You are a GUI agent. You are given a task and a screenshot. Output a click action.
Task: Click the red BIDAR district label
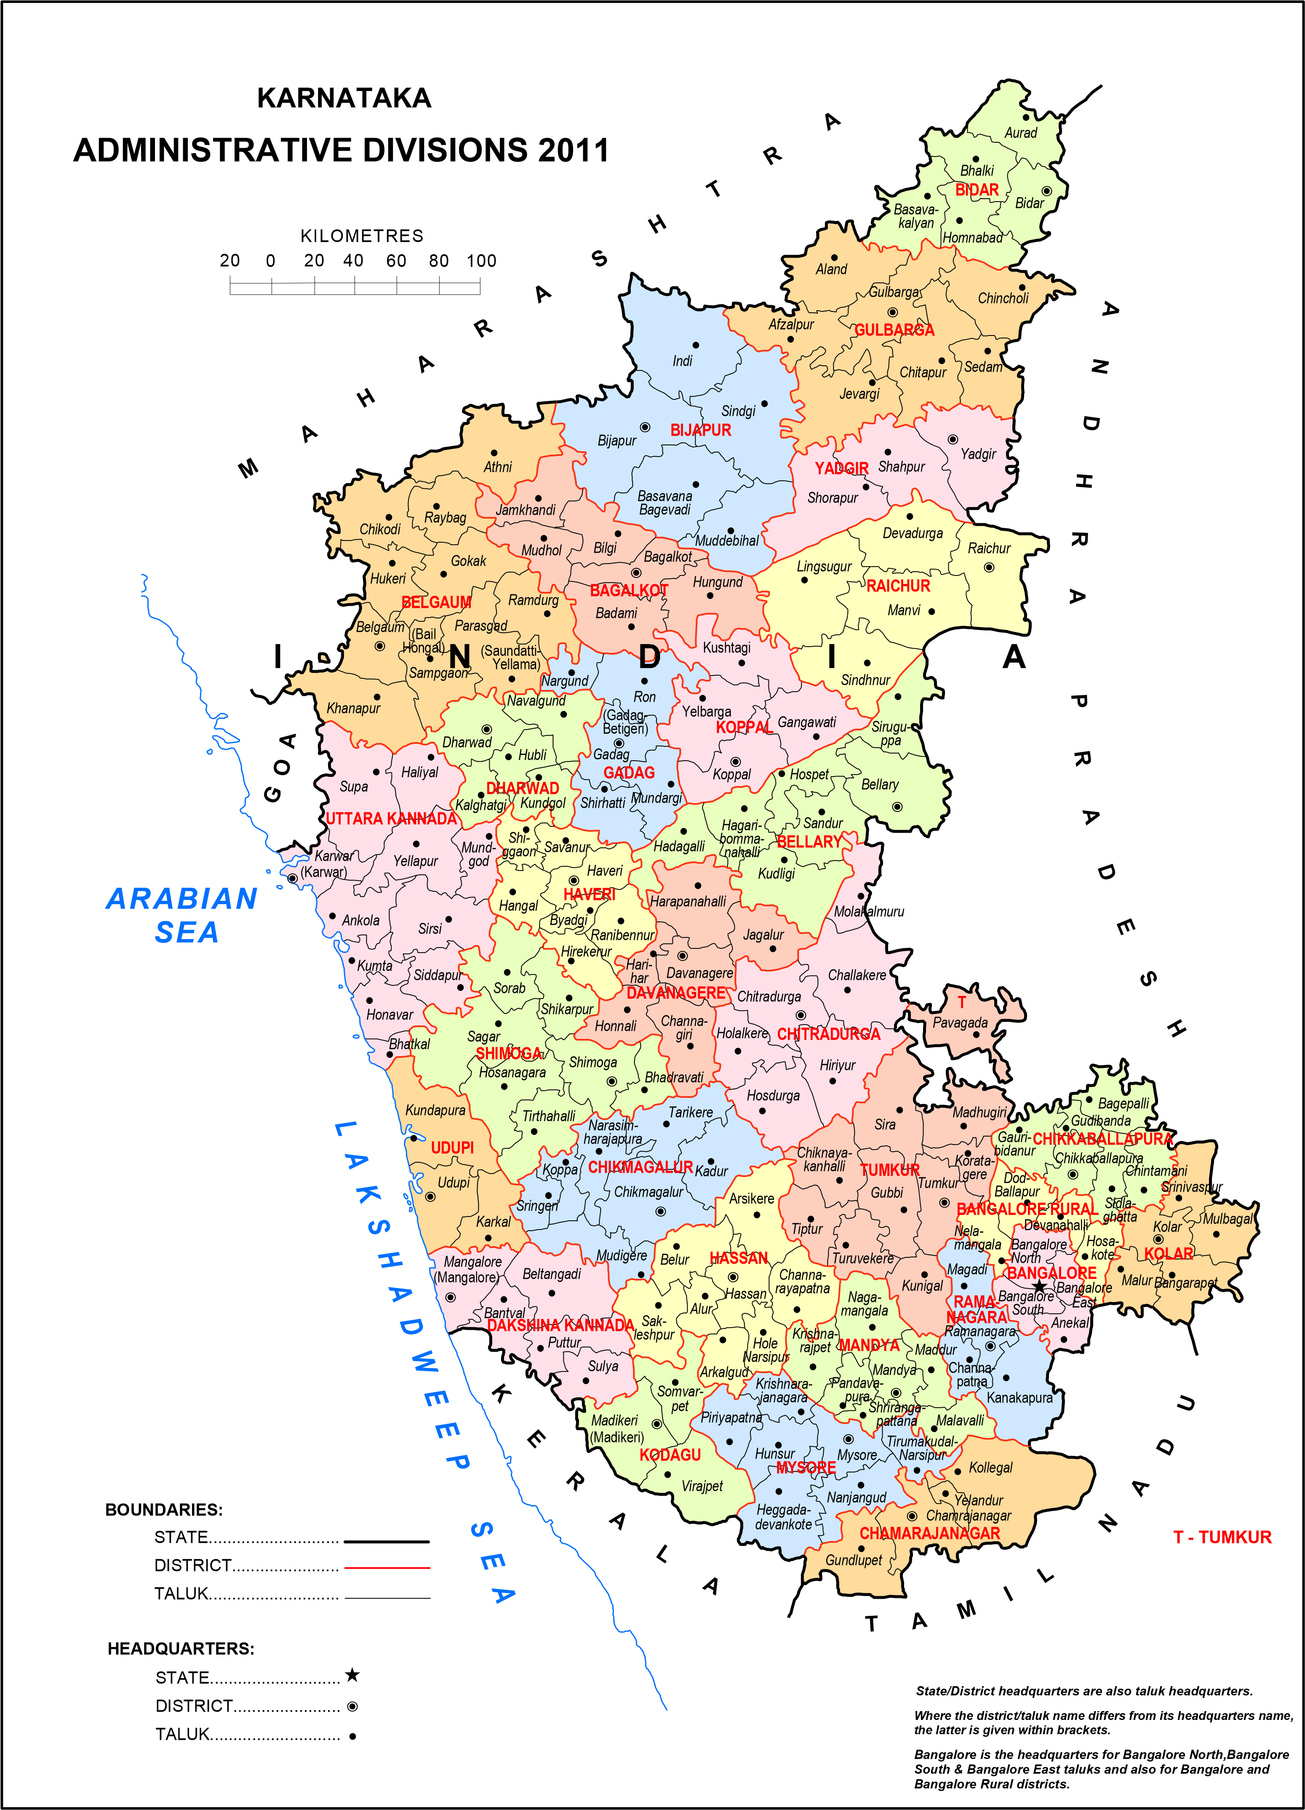[977, 190]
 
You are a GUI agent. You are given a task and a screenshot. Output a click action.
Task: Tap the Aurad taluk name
[1021, 133]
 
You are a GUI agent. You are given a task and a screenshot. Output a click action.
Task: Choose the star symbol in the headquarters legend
[352, 1675]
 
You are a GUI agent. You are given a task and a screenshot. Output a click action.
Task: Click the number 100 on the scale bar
[481, 261]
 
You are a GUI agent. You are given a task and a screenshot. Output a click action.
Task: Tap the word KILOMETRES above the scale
[362, 236]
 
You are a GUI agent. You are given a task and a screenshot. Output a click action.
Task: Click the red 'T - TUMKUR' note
[1222, 1537]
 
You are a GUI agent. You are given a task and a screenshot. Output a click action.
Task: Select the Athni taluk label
[497, 467]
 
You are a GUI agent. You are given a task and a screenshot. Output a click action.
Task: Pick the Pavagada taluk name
[960, 1023]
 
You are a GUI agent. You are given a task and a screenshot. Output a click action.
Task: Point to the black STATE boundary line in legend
[387, 1541]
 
